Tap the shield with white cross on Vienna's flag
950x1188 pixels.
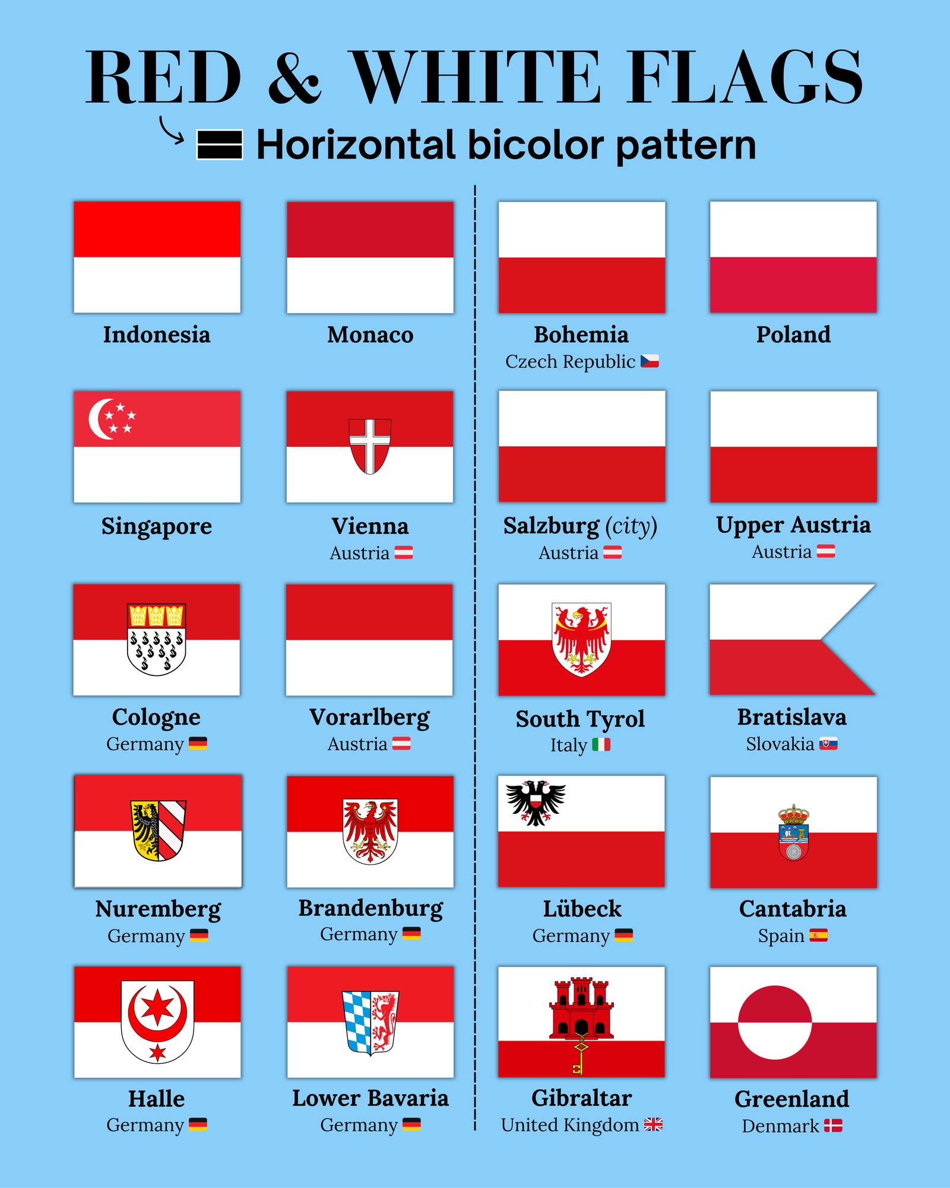[370, 445]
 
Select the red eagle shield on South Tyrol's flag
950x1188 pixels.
[582, 639]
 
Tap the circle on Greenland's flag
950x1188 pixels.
[775, 1022]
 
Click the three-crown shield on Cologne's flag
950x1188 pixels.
[157, 639]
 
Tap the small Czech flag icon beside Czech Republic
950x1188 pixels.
[650, 361]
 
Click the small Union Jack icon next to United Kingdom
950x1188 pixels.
[653, 1124]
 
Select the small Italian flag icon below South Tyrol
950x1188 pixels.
[601, 744]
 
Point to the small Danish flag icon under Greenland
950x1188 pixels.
[833, 1126]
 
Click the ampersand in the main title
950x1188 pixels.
[294, 77]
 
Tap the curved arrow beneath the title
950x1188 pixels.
[172, 131]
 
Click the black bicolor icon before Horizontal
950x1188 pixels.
[220, 145]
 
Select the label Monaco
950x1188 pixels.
[370, 335]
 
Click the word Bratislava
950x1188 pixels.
[792, 718]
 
